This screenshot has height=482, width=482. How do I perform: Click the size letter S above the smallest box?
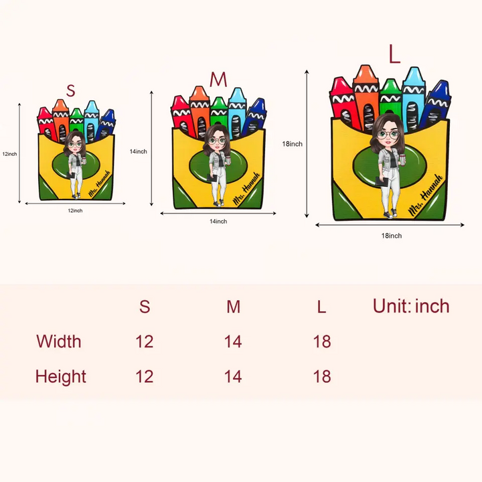[x=71, y=90]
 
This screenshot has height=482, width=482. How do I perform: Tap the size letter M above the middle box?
[x=218, y=80]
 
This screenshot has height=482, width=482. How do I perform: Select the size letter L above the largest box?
[x=394, y=56]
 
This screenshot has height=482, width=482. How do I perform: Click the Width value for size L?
[x=321, y=341]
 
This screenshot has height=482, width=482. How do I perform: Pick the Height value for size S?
[x=144, y=376]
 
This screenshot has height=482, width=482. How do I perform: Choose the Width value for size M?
[x=233, y=341]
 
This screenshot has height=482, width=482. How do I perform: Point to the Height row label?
[x=61, y=376]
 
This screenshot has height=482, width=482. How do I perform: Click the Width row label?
[x=59, y=341]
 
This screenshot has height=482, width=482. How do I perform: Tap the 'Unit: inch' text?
[x=411, y=307]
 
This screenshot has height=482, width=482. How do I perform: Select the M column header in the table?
[x=233, y=307]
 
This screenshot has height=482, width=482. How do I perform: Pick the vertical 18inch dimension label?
[x=292, y=144]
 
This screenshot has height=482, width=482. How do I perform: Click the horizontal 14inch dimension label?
[x=218, y=221]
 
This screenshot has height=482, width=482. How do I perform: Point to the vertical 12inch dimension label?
[x=9, y=154]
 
